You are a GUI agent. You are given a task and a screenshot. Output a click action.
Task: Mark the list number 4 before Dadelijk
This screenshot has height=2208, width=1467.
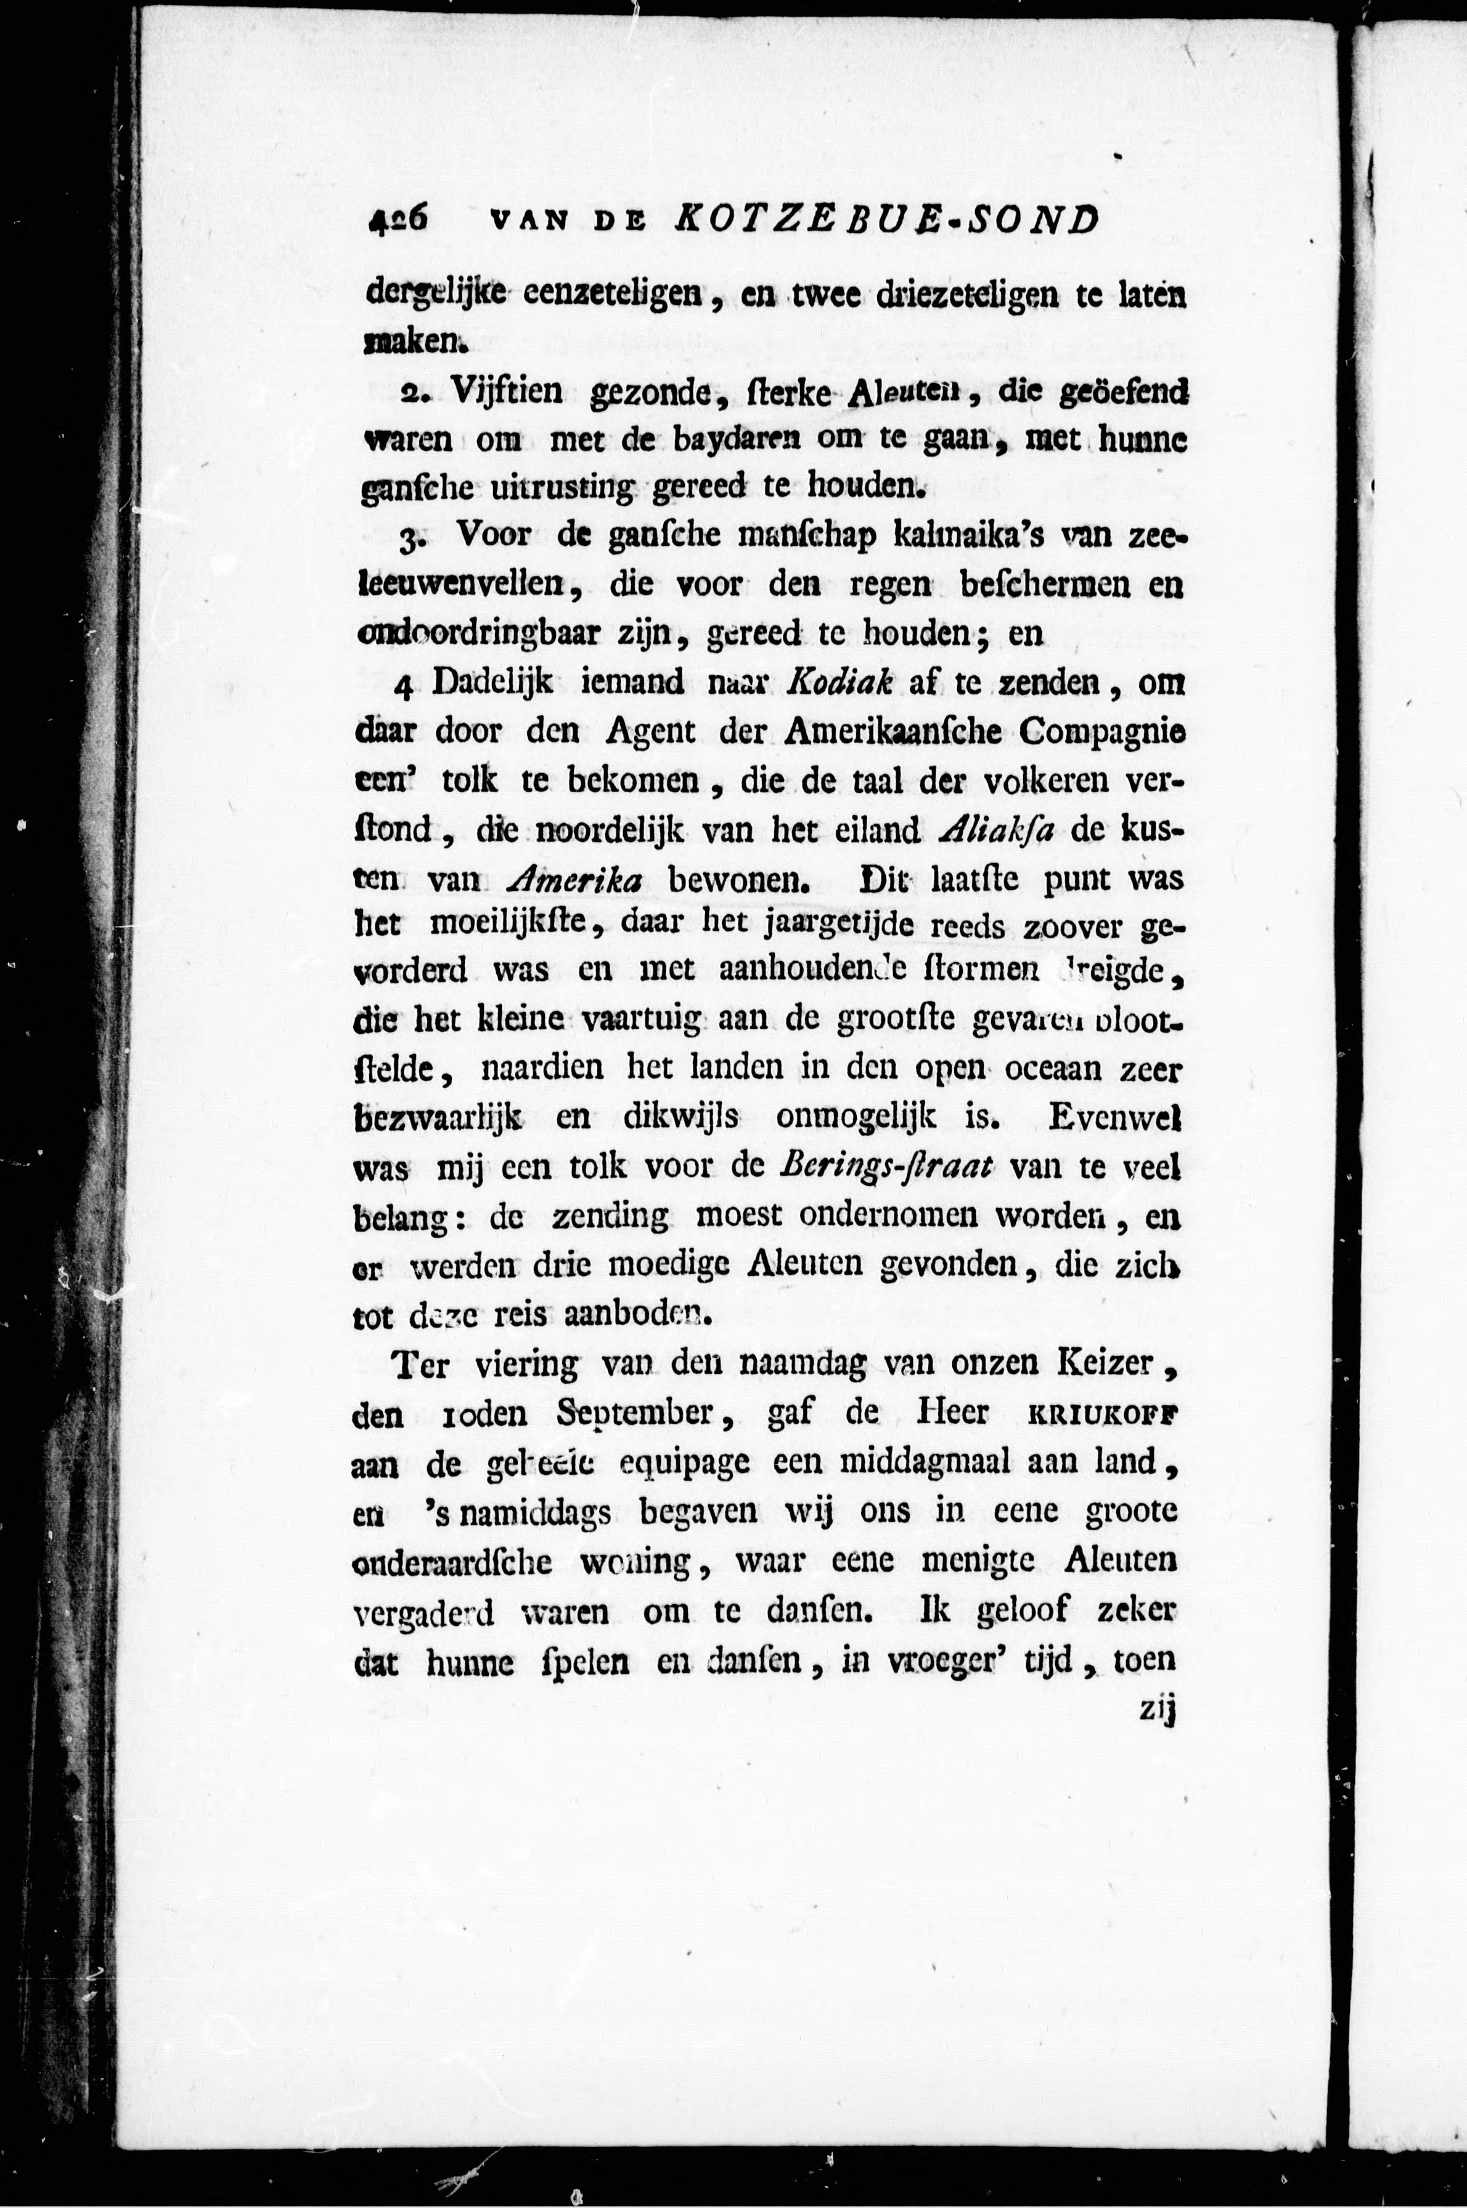(x=403, y=686)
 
